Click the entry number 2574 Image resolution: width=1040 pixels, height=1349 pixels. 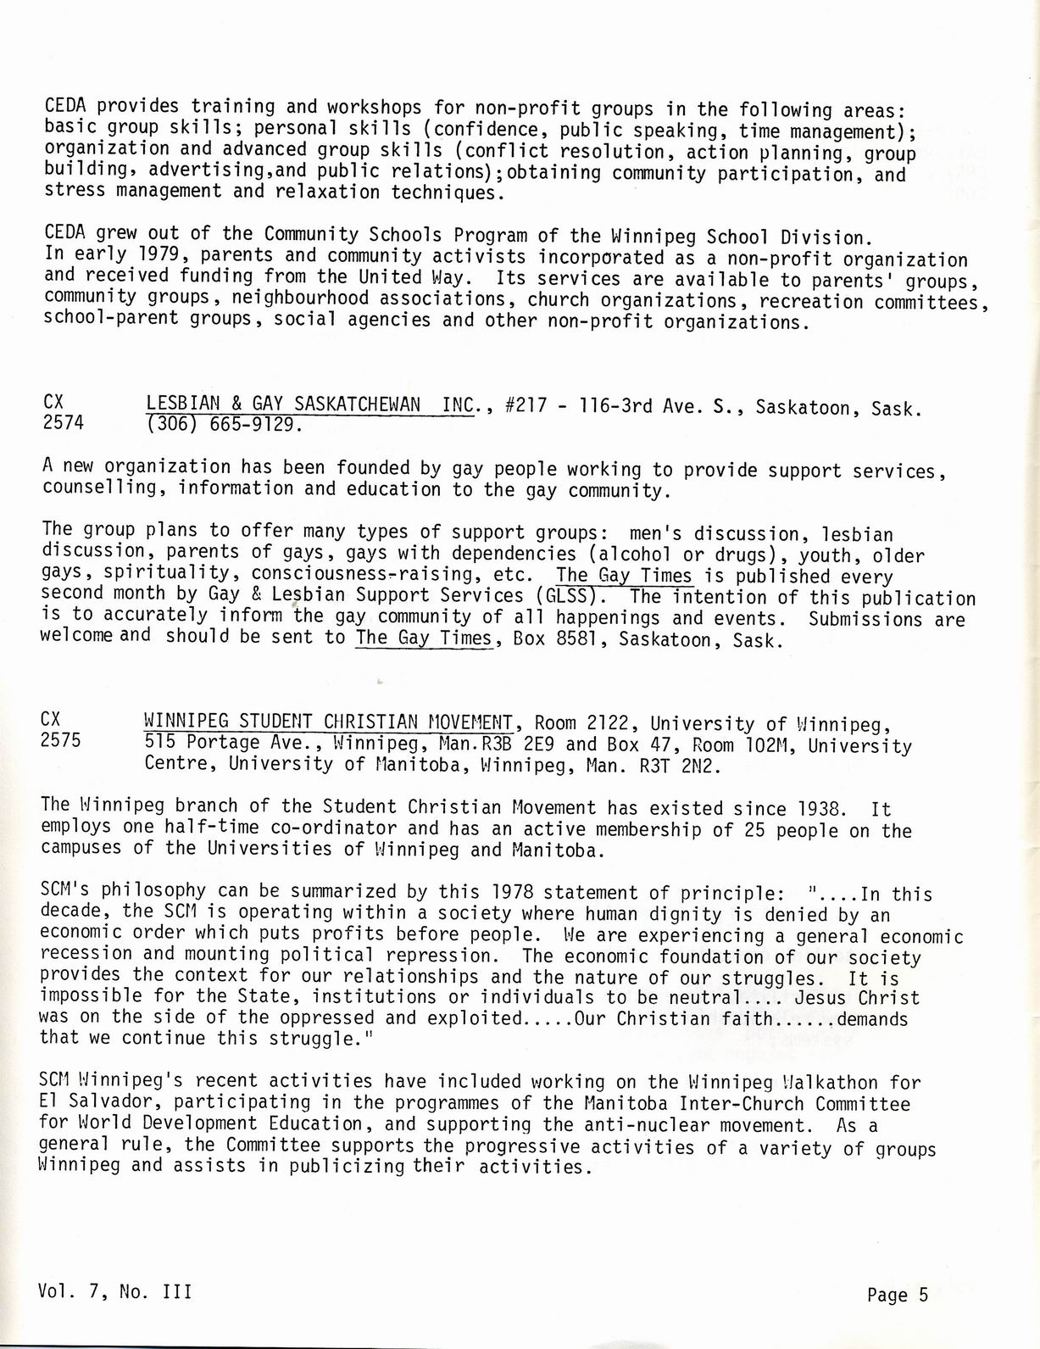[63, 421]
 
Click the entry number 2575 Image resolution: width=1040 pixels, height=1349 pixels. [60, 740]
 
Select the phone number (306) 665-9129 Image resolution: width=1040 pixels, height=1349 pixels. [223, 424]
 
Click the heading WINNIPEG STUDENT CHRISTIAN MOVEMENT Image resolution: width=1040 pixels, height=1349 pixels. [329, 722]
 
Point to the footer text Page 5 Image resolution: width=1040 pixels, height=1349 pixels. [898, 1295]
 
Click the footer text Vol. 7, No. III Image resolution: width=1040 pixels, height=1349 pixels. [114, 1291]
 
